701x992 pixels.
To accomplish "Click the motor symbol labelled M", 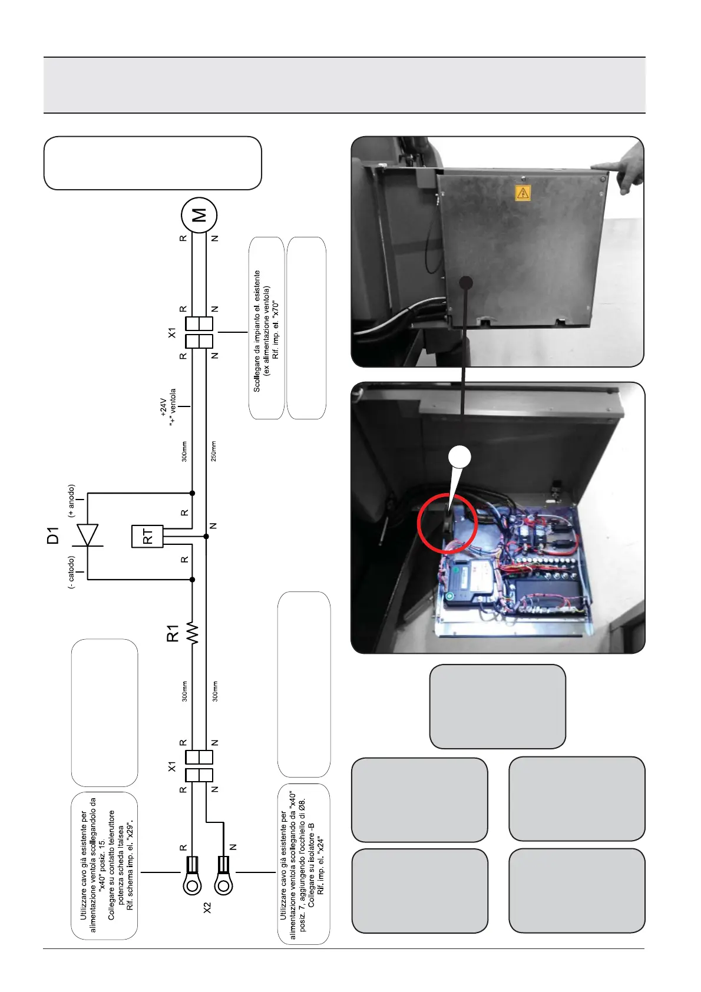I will click(x=199, y=215).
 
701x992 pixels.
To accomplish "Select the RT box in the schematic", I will click(x=147, y=536).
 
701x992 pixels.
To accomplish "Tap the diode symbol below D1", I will click(x=88, y=535).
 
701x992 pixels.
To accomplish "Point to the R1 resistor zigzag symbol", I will click(x=193, y=633).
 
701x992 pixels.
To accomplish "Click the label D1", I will click(x=54, y=535).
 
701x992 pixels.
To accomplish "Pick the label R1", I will click(x=173, y=634).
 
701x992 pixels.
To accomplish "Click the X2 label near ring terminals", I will click(x=207, y=908).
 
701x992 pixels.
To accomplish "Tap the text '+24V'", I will click(x=164, y=406).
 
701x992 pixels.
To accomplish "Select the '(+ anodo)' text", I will click(x=71, y=501).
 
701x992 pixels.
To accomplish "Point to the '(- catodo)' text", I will click(x=71, y=572).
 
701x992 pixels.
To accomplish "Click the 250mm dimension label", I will click(x=214, y=451).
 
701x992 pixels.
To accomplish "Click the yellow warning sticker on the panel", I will click(x=523, y=193).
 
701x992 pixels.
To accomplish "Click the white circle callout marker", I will click(x=460, y=456).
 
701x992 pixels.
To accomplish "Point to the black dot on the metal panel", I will click(x=466, y=283).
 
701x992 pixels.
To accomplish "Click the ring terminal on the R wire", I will click(x=192, y=883).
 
